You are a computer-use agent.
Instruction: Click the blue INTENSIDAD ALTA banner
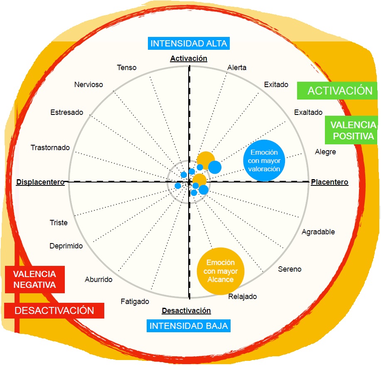point(189,44)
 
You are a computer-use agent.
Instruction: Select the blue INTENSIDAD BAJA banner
point(189,326)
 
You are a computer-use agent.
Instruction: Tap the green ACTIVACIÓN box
point(340,91)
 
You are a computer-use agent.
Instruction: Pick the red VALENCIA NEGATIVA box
point(34,280)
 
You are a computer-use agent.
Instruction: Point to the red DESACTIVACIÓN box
point(54,310)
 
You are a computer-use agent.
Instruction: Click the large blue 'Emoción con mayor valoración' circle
point(264,161)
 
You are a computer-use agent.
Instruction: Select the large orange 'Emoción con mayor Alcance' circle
point(220,271)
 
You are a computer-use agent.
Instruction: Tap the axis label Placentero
point(329,182)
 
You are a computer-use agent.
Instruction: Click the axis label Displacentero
point(40,182)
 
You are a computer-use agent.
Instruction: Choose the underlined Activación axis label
point(189,58)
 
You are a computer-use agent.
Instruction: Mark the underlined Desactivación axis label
point(186,310)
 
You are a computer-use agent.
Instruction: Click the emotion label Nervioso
point(88,85)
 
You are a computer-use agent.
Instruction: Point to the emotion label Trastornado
point(50,148)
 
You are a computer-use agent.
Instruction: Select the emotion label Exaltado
point(308,112)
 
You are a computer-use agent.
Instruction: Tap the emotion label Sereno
point(290,269)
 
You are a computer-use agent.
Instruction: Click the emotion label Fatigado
point(135,302)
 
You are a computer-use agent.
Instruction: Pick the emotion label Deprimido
point(66,246)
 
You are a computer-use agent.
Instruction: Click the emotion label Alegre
point(325,152)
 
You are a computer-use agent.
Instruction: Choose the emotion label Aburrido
point(98,280)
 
